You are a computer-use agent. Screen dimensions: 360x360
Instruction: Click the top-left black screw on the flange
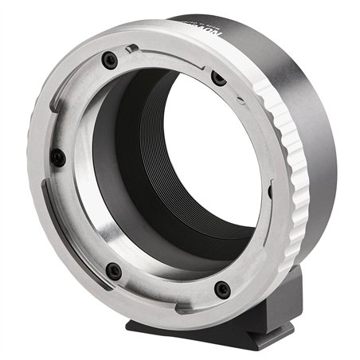[112, 61]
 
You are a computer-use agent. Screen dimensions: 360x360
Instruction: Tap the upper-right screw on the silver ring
[218, 77]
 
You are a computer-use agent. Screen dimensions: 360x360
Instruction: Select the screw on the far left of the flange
[58, 157]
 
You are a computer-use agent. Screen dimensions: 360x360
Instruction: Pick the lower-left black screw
[114, 271]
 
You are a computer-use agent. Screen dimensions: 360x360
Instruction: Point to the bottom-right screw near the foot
[222, 289]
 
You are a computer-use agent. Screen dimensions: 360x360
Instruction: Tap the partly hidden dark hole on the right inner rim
[270, 191]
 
